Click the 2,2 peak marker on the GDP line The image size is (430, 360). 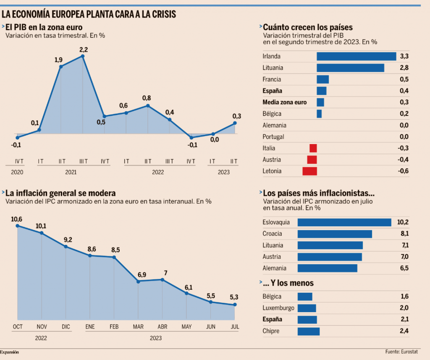[83, 56]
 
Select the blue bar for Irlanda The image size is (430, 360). [356, 56]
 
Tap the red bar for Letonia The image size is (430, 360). [309, 171]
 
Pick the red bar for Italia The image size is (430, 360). [313, 148]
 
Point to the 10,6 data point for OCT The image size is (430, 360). [18, 226]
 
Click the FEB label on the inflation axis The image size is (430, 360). [114, 326]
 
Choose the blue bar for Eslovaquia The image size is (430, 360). [344, 222]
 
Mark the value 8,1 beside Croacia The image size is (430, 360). [404, 234]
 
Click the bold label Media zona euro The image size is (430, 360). [284, 102]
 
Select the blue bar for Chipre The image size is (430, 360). [308, 331]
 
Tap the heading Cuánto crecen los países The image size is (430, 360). [307, 28]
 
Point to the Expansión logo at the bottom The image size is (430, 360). [10, 352]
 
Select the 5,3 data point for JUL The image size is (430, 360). [235, 305]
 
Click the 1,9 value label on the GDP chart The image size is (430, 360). [59, 60]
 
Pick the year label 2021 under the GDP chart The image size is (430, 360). [71, 172]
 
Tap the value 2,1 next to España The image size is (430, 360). [404, 320]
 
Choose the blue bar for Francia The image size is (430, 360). [322, 79]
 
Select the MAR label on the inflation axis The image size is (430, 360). [138, 326]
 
